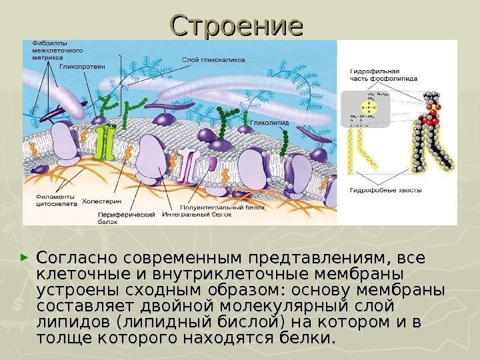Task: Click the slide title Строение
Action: (237, 26)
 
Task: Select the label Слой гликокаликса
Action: (213, 59)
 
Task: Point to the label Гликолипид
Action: (267, 123)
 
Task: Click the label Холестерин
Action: (101, 200)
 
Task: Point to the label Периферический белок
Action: (126, 218)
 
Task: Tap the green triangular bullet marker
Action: (25, 257)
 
